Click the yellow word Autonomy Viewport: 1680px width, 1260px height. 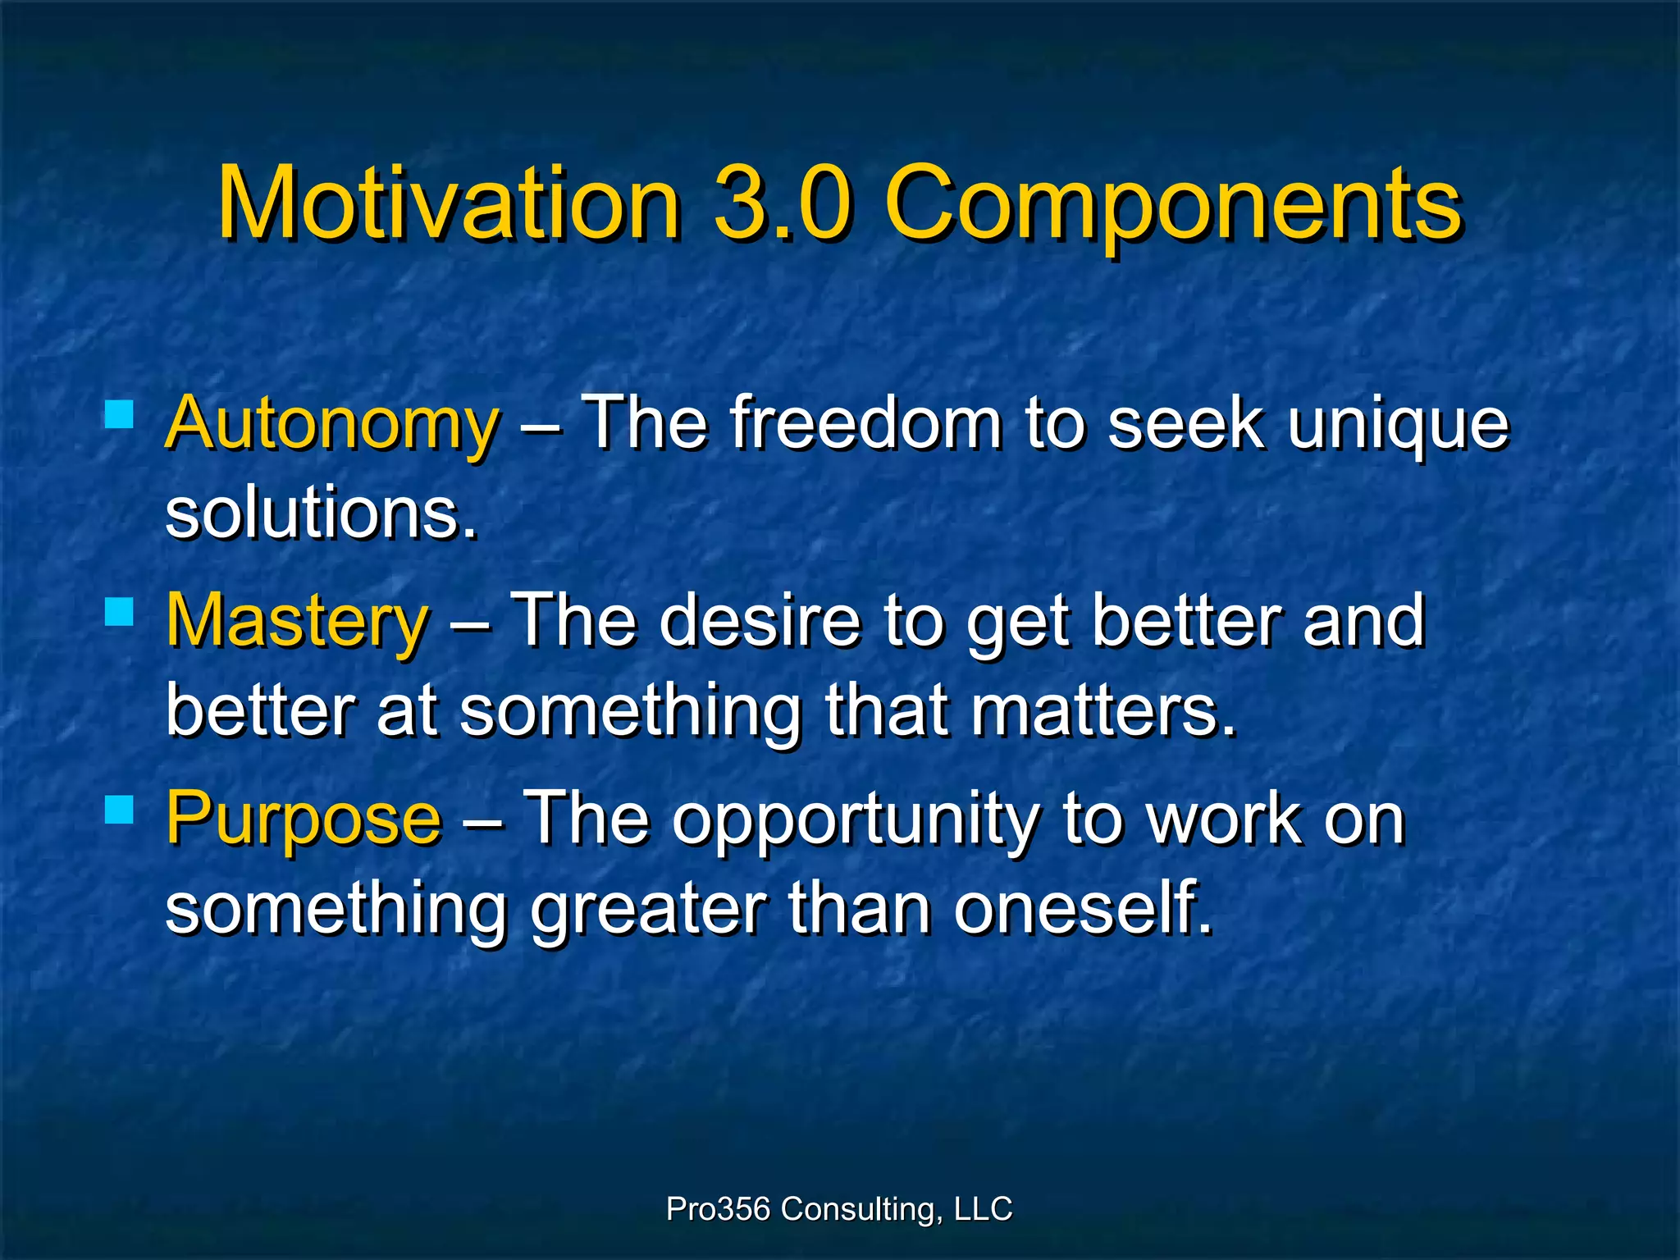[x=331, y=425]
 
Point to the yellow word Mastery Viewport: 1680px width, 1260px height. [x=297, y=622]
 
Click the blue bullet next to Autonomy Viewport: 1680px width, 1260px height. [x=120, y=414]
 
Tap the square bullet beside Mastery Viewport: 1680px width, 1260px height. [x=120, y=611]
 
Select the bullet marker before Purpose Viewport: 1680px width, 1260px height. [x=120, y=809]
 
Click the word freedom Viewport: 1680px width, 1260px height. [x=865, y=423]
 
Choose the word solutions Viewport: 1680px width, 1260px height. [x=320, y=514]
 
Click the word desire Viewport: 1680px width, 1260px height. [x=760, y=621]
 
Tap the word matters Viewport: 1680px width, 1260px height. [x=1102, y=711]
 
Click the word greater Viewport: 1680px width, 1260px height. [x=648, y=911]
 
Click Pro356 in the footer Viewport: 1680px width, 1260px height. [x=718, y=1208]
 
